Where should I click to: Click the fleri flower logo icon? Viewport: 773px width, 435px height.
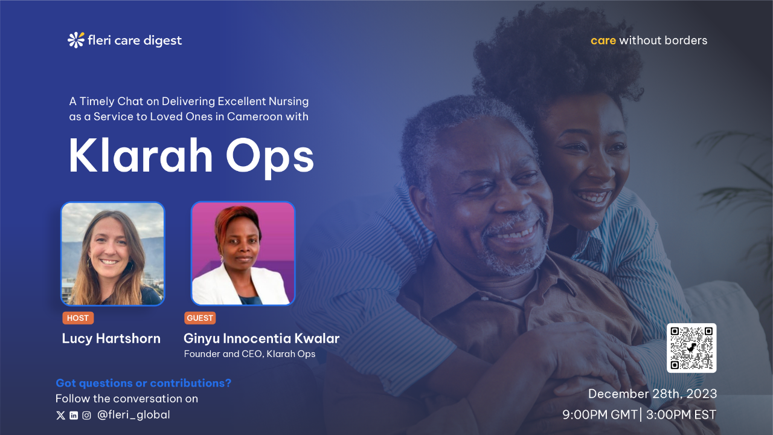[76, 40]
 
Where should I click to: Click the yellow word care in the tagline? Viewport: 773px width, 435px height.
[603, 40]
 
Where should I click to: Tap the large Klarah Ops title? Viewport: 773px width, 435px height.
[191, 156]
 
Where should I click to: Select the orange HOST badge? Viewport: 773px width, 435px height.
[78, 318]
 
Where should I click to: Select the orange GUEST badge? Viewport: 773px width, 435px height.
[200, 318]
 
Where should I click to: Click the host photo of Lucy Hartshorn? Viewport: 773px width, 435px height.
[113, 254]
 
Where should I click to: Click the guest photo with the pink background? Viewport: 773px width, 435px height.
[243, 254]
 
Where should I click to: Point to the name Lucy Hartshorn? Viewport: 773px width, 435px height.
[111, 338]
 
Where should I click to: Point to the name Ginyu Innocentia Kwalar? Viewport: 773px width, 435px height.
[261, 338]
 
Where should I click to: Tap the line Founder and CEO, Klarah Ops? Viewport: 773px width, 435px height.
[249, 354]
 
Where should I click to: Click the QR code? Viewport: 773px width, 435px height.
[691, 348]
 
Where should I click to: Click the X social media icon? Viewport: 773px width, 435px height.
[60, 415]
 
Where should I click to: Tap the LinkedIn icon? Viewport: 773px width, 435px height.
[74, 415]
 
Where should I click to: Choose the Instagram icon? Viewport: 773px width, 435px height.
[87, 415]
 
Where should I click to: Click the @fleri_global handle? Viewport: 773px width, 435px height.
[133, 415]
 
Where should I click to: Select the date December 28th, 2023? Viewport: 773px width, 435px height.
[652, 394]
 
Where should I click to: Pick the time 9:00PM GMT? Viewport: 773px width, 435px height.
[600, 415]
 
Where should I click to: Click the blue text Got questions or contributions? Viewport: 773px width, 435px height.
[143, 383]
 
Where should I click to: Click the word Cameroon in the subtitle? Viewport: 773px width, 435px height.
[255, 117]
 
